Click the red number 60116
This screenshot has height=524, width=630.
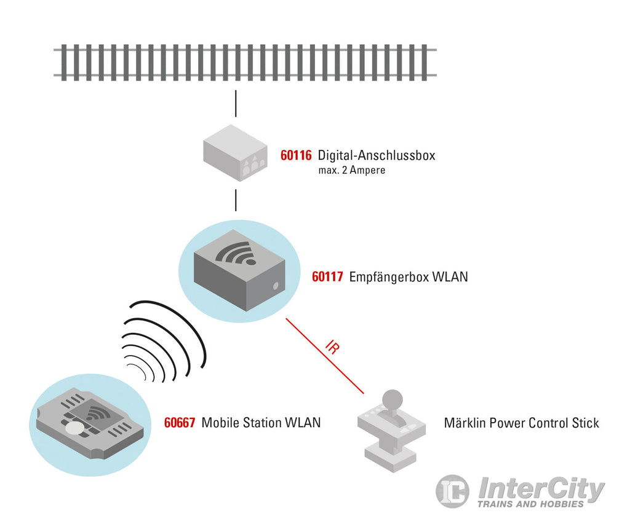296,155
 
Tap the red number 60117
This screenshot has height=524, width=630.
327,276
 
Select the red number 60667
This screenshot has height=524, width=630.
180,423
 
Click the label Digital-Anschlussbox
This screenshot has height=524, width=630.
377,155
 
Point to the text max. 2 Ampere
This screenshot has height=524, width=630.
352,170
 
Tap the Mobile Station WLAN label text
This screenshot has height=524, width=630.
261,423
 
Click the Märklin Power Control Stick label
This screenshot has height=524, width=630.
522,423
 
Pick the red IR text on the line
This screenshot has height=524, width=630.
332,347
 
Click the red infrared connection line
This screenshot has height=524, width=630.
325,356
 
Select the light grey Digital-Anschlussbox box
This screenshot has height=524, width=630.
235,153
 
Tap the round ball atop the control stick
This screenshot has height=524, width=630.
392,400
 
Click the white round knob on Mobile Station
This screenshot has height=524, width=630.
74,429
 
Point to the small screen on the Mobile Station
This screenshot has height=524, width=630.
97,413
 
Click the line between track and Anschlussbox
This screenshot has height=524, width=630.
236,104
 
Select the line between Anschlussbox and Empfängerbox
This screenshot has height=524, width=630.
236,200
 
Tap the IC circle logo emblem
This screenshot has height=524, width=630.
452,491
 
